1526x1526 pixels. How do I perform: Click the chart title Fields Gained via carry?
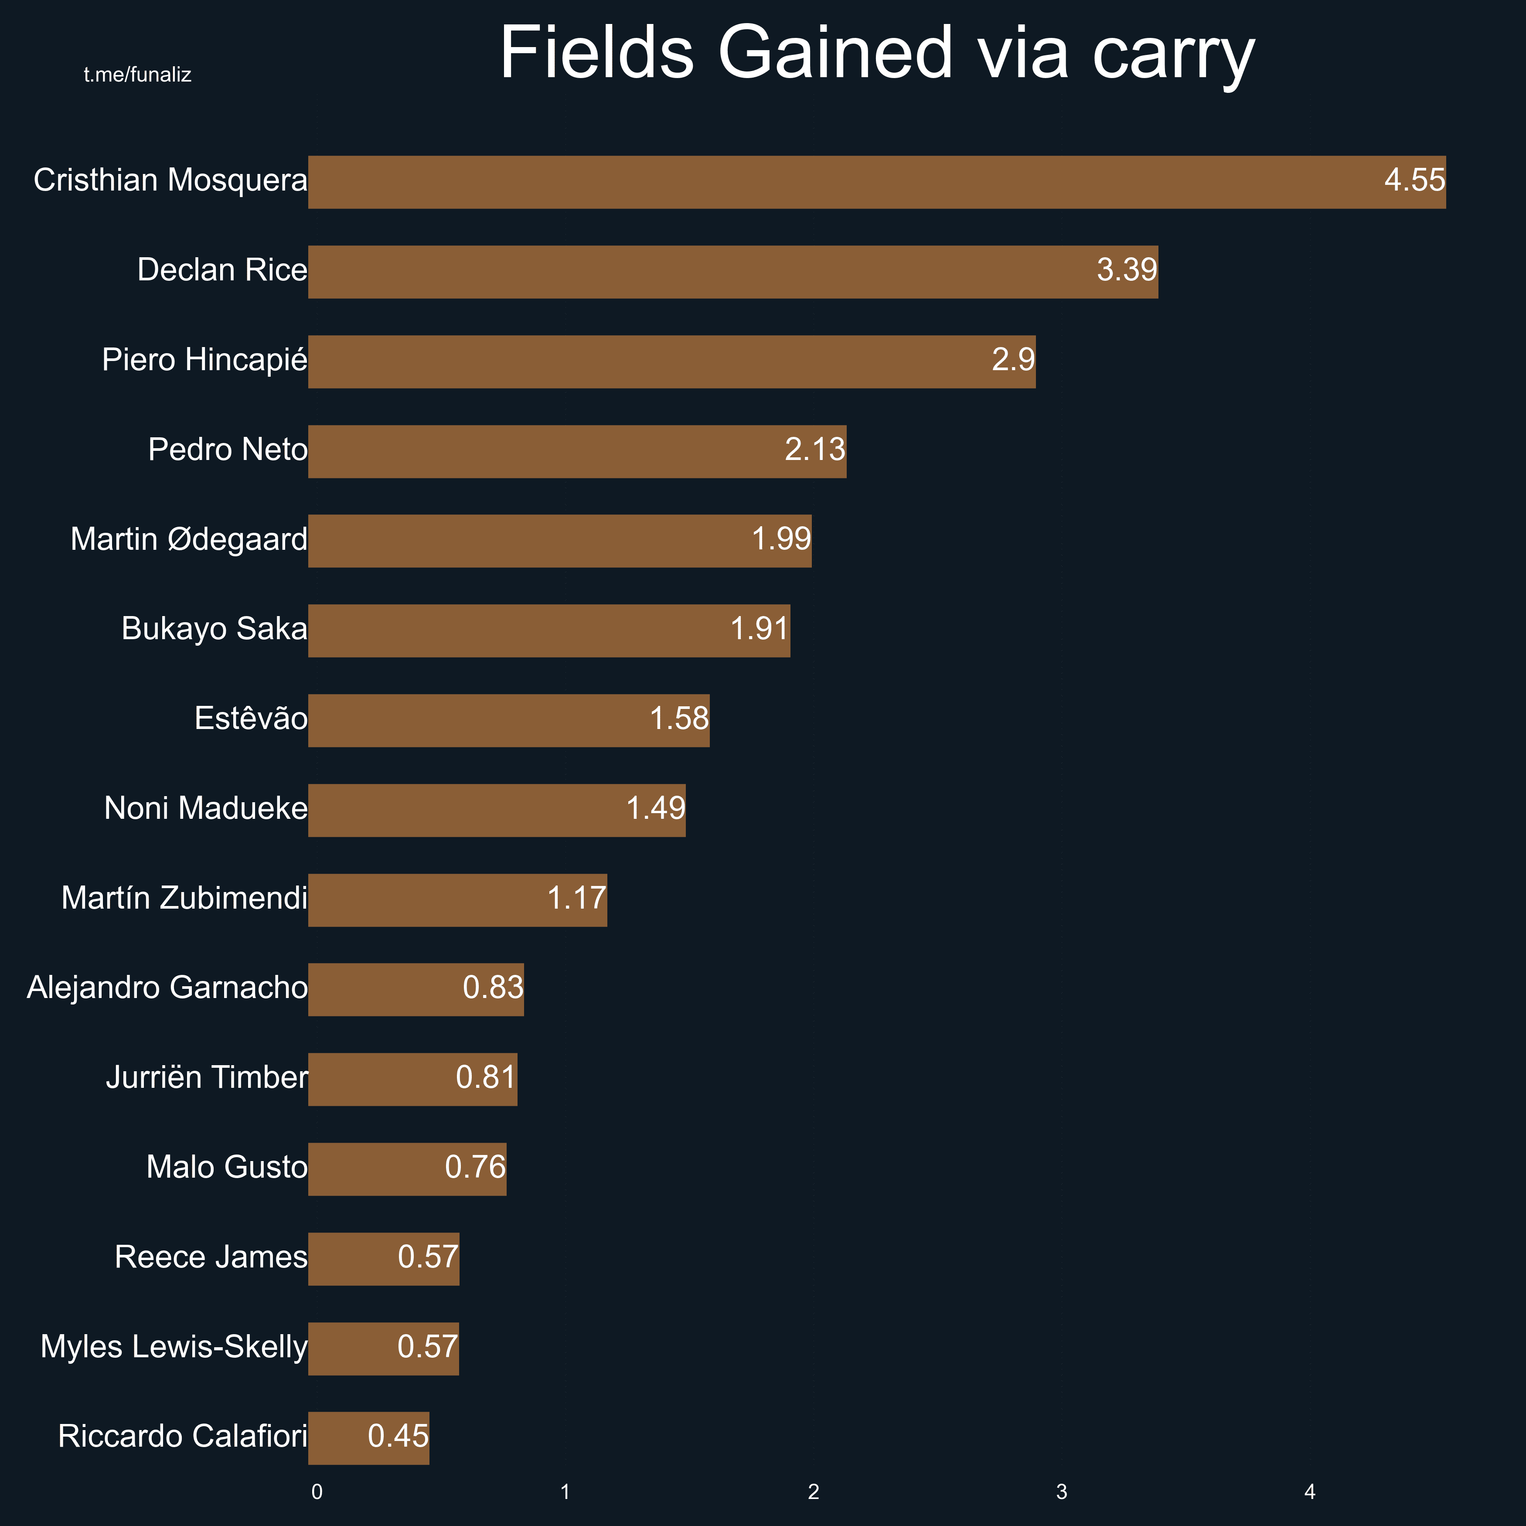pos(877,54)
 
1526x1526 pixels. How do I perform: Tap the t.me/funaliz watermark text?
pos(137,75)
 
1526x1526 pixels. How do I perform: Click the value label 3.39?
pos(1126,270)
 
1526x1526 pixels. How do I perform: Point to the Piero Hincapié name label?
pos(204,360)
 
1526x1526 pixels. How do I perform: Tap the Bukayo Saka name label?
pos(214,629)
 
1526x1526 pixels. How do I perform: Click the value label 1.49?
pos(656,809)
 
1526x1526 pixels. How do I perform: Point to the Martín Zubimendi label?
pos(184,898)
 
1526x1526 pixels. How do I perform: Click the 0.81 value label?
pos(486,1077)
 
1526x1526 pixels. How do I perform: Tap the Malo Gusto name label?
pos(227,1168)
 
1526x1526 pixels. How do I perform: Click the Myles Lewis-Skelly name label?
pos(174,1347)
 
